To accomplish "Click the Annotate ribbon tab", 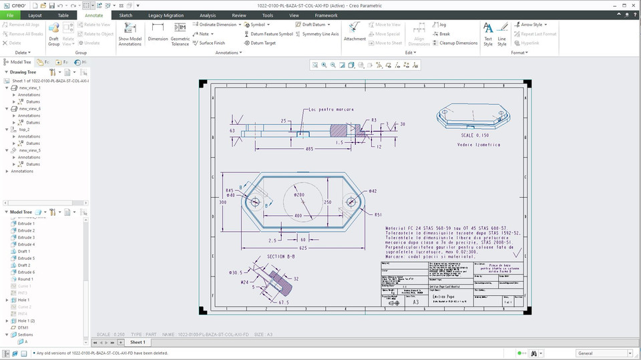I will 93,15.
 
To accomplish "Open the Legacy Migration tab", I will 166,15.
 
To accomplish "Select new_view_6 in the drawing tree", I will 30,108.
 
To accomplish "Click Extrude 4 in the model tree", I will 27,244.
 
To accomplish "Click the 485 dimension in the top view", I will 309,149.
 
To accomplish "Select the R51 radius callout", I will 378,214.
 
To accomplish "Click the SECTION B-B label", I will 281,256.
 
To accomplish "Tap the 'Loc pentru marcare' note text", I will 331,110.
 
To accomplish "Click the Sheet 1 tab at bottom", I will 138,342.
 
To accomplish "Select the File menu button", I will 10,15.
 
